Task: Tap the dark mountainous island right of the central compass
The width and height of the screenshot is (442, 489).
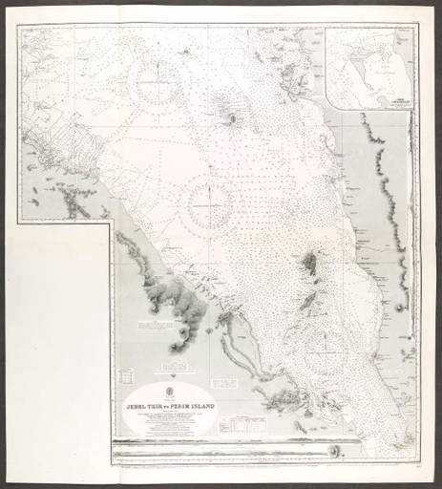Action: coord(308,264)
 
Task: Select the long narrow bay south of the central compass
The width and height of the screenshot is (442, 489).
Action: coord(250,344)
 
